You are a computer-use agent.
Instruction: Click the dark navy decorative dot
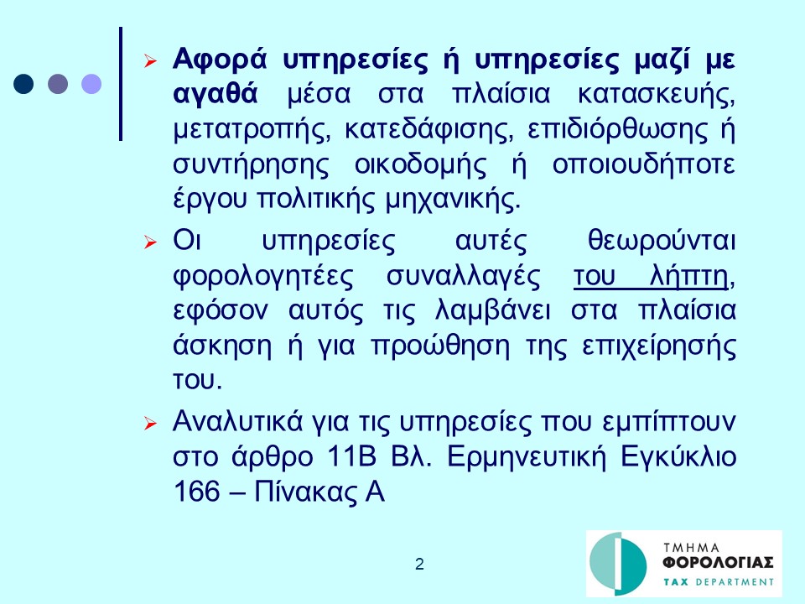23,84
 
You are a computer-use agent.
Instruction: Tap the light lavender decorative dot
91,84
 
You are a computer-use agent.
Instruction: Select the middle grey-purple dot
58,84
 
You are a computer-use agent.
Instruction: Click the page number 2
419,564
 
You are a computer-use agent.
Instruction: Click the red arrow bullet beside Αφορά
150,61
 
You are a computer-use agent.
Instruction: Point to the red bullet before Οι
150,242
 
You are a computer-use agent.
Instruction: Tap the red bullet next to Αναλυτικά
150,423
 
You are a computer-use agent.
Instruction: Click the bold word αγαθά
216,96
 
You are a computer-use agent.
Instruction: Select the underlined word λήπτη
688,276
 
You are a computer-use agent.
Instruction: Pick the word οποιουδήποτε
643,165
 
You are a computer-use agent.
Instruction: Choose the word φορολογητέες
262,276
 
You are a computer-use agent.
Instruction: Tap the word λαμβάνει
492,310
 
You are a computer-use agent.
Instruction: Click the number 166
196,492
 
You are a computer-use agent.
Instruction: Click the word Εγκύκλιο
678,456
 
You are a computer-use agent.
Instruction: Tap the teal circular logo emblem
618,563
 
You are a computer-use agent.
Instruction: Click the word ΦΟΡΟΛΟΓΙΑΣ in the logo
719,563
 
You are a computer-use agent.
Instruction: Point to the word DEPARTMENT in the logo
735,582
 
